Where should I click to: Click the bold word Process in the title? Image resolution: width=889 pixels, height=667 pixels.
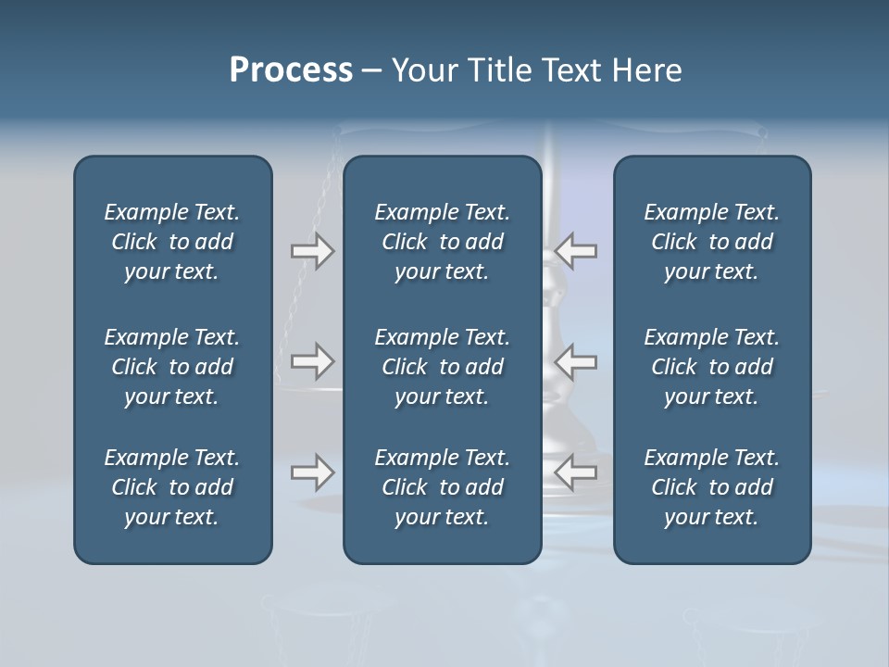[291, 70]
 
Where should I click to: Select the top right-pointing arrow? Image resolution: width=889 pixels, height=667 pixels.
[312, 251]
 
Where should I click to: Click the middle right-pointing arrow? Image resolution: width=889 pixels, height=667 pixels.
[312, 361]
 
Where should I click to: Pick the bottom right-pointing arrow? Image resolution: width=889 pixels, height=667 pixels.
[312, 472]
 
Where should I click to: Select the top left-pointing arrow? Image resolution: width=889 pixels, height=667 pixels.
[576, 251]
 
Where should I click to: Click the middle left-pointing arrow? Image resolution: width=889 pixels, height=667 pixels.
[576, 361]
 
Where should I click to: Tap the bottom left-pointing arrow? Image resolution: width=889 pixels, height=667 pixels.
[576, 472]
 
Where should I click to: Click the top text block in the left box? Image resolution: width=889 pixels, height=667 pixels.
[172, 242]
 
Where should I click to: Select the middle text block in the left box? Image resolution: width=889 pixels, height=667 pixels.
[172, 367]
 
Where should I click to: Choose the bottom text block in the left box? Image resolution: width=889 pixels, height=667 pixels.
[172, 487]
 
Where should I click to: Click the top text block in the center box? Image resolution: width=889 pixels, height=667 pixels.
[442, 242]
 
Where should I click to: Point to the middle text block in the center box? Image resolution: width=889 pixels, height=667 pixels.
[442, 367]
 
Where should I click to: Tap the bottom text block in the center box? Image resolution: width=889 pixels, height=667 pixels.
[442, 487]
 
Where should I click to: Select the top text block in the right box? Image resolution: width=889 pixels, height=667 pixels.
[711, 242]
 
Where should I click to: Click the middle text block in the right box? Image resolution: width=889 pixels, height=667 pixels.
[711, 367]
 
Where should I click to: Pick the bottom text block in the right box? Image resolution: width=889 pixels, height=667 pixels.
[711, 487]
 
